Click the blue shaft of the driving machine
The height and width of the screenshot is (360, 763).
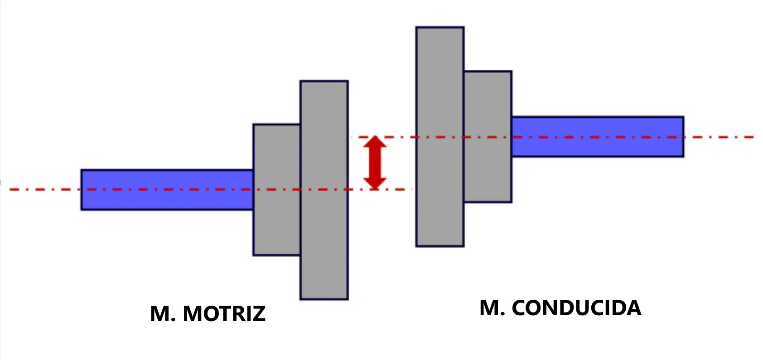point(167,190)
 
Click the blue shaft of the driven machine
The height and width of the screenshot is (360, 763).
point(598,137)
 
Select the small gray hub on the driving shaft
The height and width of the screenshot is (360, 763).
point(276,190)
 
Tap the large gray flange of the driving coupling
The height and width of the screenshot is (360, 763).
point(324,190)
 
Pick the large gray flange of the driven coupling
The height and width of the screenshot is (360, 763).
point(440,137)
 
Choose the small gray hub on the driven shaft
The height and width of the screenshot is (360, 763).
point(488,137)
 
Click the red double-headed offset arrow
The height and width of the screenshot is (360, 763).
point(375,163)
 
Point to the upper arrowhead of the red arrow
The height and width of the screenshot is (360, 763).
point(375,141)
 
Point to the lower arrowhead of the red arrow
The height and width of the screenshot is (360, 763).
point(375,184)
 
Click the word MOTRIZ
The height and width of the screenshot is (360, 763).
point(224,314)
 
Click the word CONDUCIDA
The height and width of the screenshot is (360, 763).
point(577,308)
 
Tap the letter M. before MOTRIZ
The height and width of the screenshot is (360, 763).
point(163,314)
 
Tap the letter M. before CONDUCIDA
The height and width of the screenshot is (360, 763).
point(493,308)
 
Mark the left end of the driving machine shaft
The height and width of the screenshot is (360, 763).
point(82,190)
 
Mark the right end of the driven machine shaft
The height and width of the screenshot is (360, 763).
point(684,137)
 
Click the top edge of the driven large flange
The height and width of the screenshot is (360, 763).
point(440,27)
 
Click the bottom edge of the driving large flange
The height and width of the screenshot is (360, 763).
point(324,299)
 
